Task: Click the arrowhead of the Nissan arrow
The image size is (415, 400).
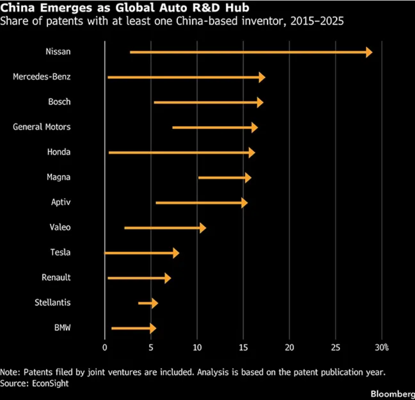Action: (369, 52)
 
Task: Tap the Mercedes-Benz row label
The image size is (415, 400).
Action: (42, 77)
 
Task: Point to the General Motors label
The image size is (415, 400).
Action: (42, 127)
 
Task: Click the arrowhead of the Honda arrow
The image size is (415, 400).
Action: (251, 152)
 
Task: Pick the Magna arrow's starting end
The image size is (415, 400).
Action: (199, 177)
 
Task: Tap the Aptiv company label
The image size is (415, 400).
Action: (60, 202)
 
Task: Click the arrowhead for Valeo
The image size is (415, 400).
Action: (202, 228)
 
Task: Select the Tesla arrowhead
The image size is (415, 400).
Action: (176, 253)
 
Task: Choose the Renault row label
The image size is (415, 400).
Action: (56, 277)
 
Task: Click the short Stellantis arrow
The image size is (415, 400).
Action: (148, 303)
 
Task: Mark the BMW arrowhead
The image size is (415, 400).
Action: (153, 328)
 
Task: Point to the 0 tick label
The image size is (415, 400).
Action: (105, 347)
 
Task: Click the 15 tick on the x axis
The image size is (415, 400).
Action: (243, 347)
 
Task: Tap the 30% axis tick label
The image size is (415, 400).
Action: (382, 347)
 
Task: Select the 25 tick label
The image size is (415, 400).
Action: (336, 347)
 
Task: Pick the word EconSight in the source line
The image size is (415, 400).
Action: (49, 383)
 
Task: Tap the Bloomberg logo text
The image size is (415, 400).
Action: (393, 393)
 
